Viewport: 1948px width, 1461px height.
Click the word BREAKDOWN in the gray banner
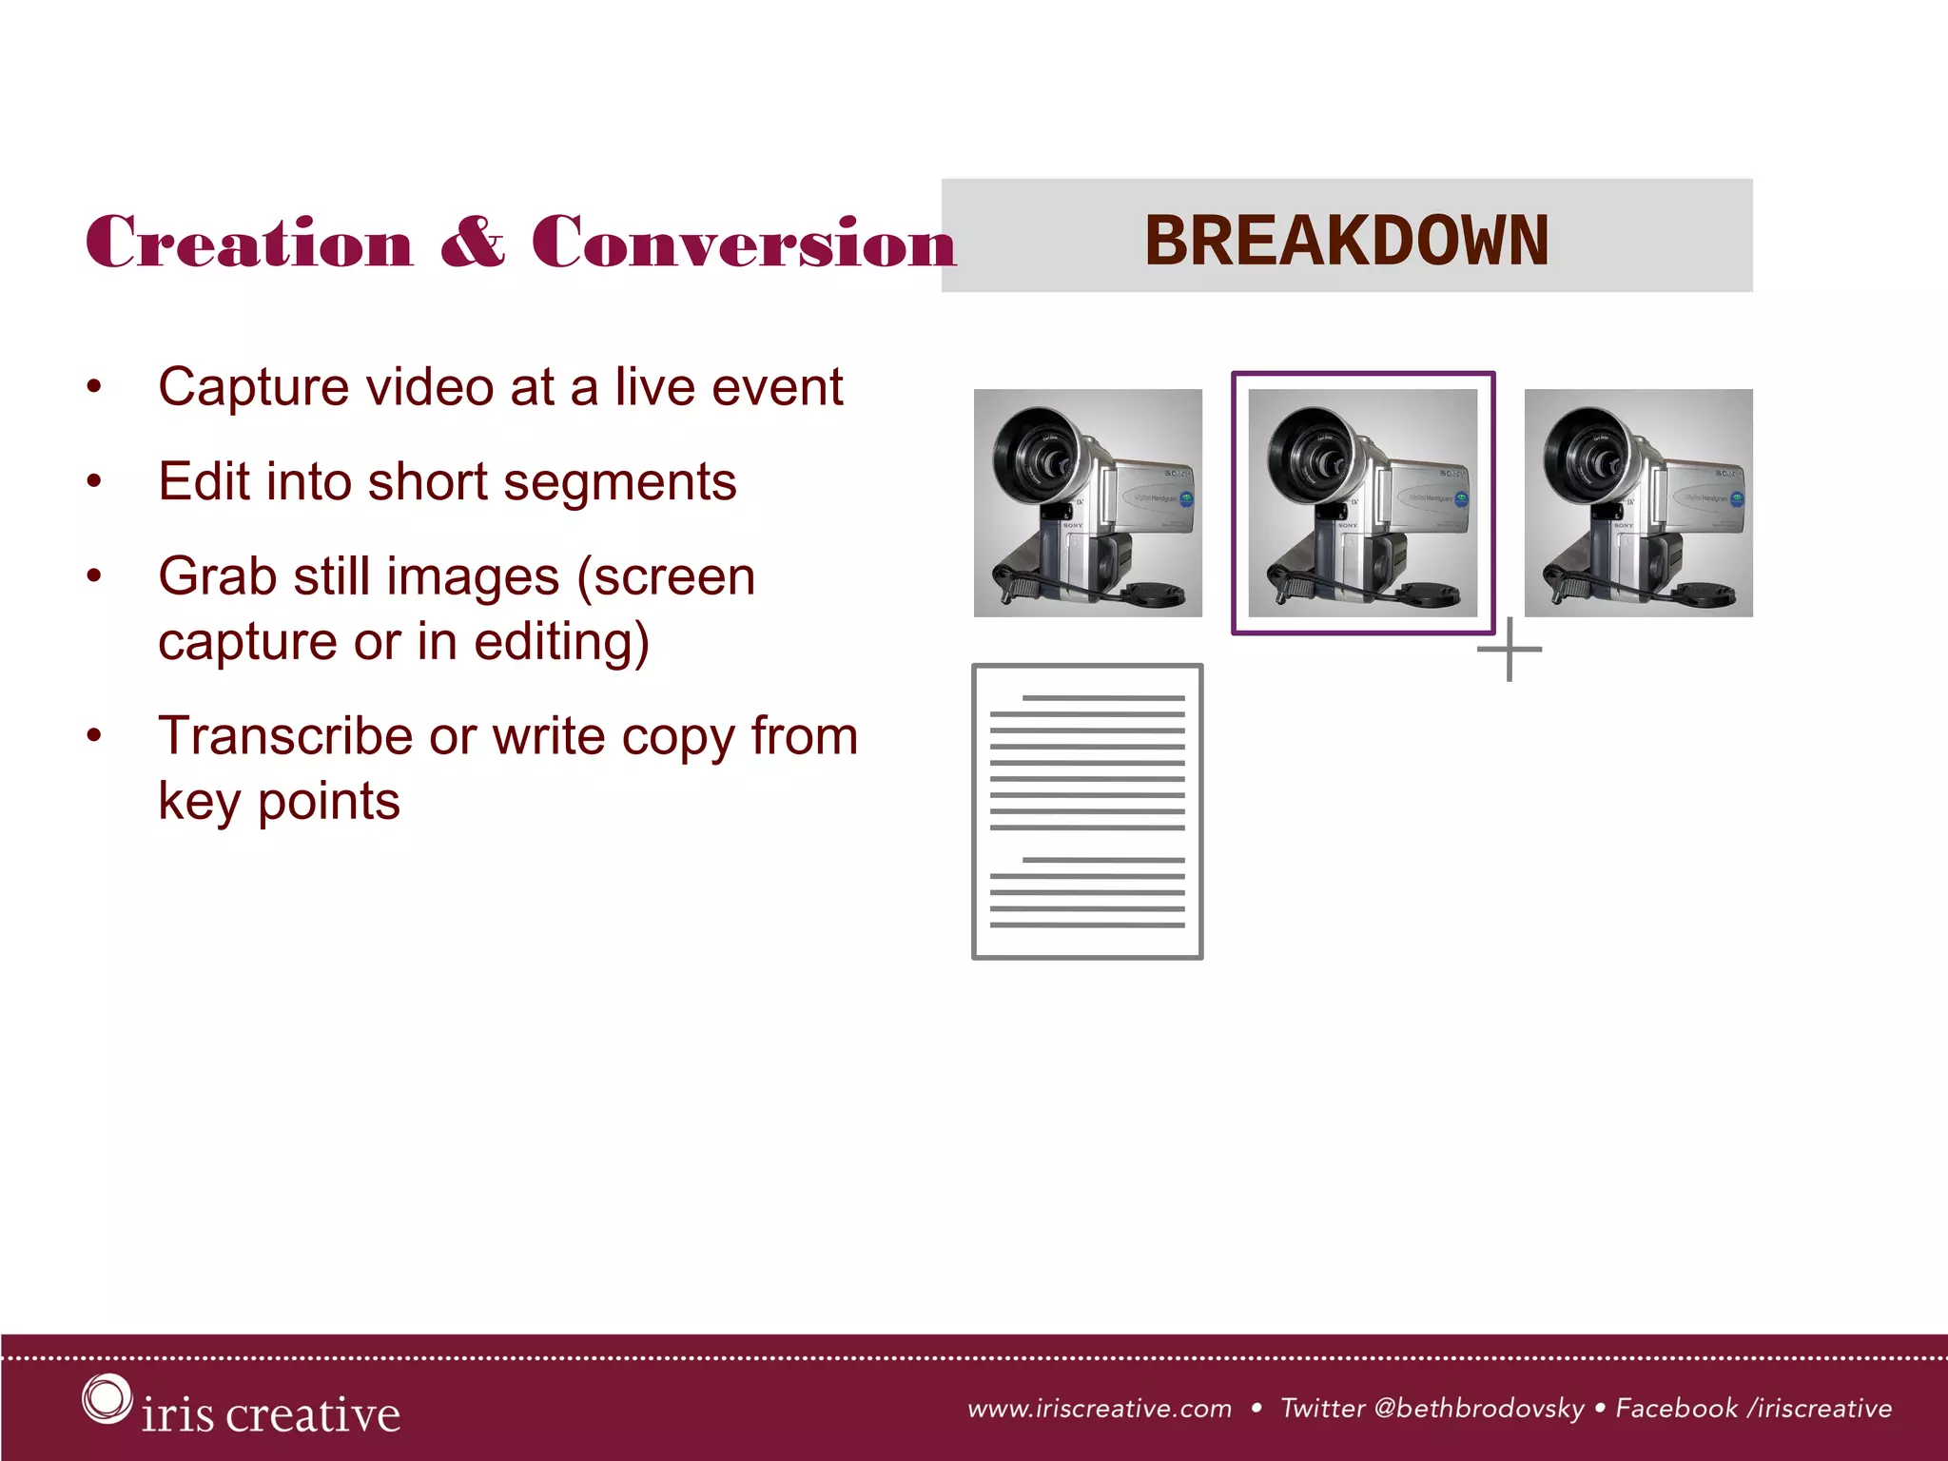tap(1346, 240)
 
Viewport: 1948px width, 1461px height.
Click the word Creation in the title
tap(249, 243)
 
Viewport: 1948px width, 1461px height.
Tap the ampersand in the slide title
tap(473, 243)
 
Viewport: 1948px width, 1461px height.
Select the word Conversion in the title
tap(743, 243)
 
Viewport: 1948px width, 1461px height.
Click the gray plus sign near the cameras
tap(1510, 650)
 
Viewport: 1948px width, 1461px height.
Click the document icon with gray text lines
tap(1087, 811)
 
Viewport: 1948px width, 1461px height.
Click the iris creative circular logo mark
tap(106, 1398)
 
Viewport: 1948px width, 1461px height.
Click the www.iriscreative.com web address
tap(1099, 1409)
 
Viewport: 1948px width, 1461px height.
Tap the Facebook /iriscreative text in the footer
tap(1753, 1409)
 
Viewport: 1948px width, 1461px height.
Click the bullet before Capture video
tap(93, 387)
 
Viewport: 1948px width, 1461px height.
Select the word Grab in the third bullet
tap(217, 577)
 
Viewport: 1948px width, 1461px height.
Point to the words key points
tap(279, 802)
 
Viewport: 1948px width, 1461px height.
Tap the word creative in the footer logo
tap(314, 1414)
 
